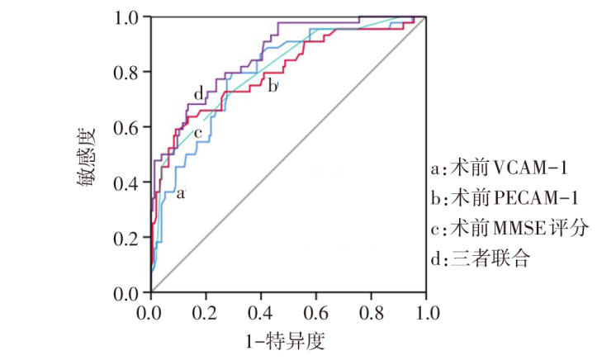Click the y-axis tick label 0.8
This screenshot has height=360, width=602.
[128, 73]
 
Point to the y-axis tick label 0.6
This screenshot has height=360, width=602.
[128, 128]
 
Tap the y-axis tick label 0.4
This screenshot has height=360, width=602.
[128, 183]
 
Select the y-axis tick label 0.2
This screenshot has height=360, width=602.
[128, 239]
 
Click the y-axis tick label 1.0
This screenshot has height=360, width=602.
[128, 17]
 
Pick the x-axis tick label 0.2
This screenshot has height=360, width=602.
[206, 312]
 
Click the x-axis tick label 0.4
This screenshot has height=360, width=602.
[261, 312]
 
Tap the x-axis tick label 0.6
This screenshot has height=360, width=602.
[316, 312]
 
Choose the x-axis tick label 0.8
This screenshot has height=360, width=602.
[371, 312]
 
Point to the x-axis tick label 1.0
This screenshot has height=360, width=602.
[426, 312]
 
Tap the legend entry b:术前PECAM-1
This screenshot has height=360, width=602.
[509, 199]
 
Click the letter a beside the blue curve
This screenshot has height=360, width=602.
[181, 195]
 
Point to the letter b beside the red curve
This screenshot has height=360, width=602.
[273, 85]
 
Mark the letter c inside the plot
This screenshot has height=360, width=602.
[197, 133]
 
